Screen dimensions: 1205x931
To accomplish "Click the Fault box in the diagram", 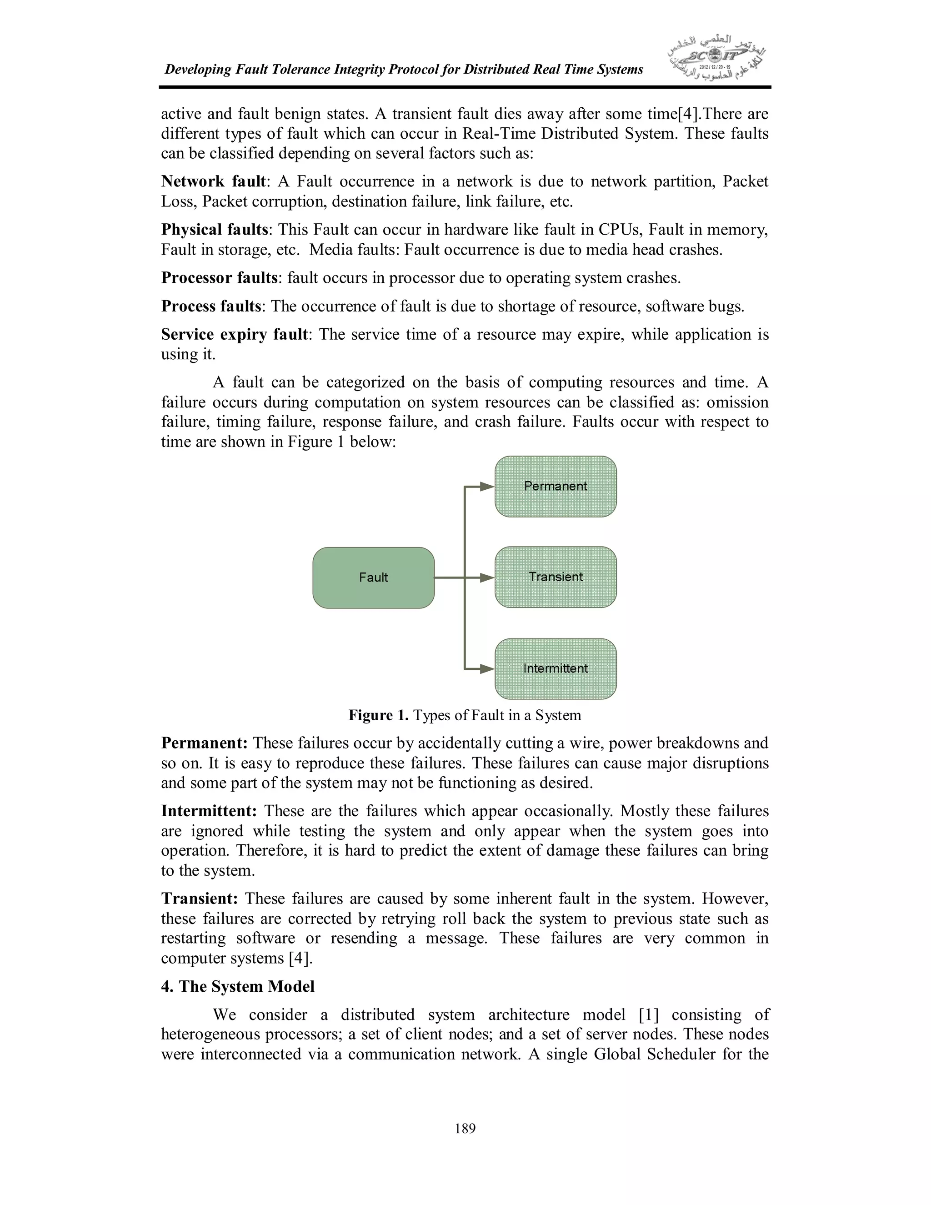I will (373, 577).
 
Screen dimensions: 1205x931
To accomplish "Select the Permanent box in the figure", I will (556, 486).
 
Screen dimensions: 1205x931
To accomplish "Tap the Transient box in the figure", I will (556, 577).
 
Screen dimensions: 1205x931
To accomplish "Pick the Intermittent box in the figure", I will (556, 669).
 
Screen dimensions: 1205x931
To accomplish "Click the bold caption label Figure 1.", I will (378, 716).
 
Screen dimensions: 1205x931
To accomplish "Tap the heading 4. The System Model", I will (238, 987).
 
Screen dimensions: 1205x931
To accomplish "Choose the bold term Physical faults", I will (215, 230).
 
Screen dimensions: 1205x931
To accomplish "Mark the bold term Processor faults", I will (219, 277).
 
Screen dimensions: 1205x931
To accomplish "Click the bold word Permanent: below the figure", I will (204, 743).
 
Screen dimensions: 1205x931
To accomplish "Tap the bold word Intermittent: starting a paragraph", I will (209, 811).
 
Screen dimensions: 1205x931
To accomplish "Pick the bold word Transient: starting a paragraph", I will (199, 899).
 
